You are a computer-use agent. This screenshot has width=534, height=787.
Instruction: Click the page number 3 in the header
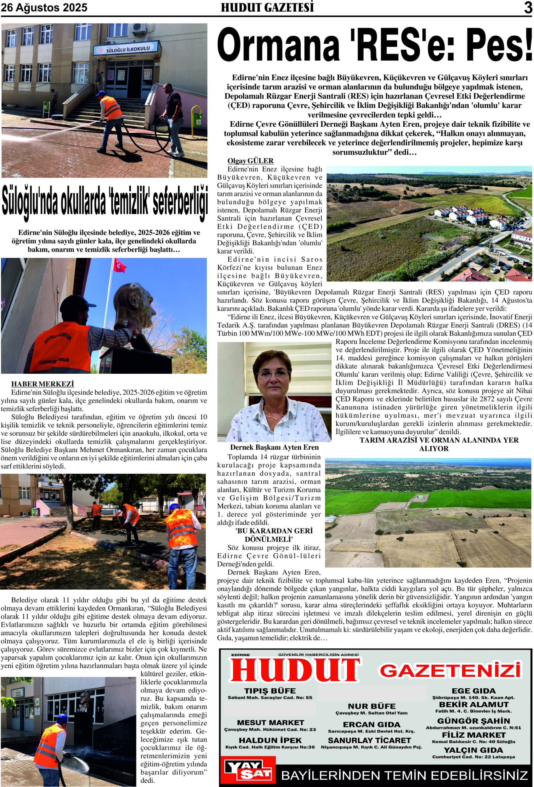tap(528, 8)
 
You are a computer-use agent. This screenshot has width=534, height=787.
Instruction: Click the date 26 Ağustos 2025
tap(44, 7)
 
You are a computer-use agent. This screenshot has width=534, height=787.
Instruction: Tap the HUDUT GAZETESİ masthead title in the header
tap(267, 7)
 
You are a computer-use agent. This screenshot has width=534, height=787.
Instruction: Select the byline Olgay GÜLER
tap(250, 161)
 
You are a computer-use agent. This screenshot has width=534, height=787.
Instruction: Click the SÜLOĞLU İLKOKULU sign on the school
tap(126, 49)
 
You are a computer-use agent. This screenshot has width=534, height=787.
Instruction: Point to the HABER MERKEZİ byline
tap(42, 384)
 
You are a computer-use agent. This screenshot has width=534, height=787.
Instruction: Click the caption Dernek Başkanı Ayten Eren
tap(274, 447)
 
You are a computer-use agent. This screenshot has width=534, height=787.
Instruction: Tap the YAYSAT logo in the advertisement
tap(248, 769)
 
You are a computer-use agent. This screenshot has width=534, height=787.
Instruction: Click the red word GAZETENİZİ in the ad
tap(450, 670)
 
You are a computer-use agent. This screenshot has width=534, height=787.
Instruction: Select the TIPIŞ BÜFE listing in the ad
tap(270, 691)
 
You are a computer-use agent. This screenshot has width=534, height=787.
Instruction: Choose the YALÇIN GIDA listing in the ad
tap(473, 760)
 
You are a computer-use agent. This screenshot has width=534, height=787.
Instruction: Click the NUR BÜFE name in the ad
tap(371, 706)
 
